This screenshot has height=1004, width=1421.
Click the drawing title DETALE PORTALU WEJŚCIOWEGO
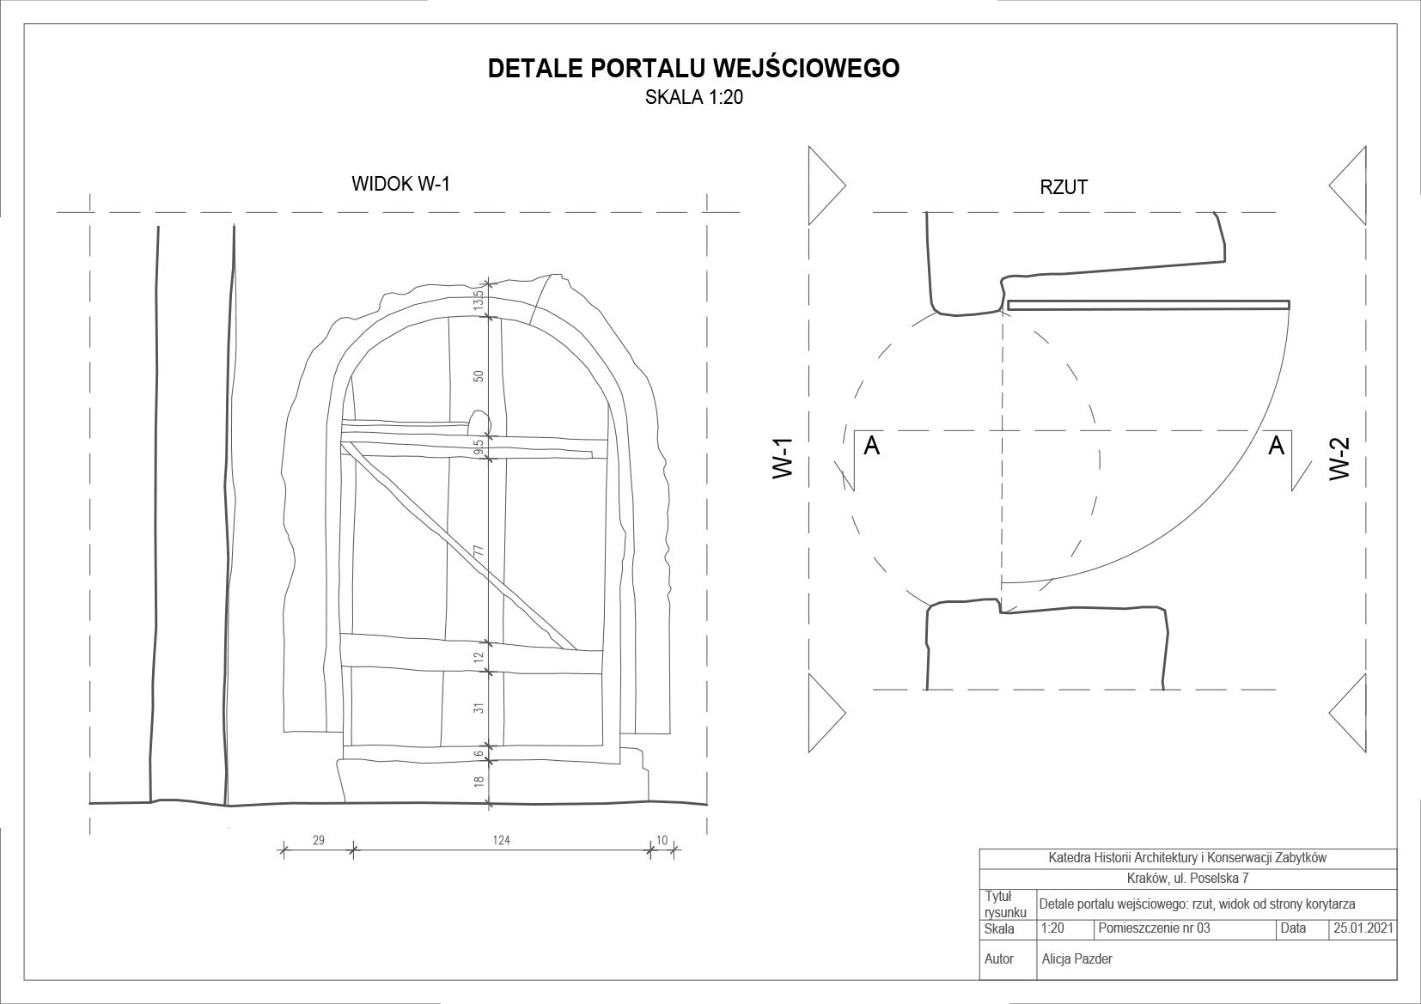(693, 69)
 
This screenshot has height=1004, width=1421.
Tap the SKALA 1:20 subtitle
(693, 98)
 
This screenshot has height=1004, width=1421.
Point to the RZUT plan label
(1064, 187)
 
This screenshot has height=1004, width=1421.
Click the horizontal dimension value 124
(502, 840)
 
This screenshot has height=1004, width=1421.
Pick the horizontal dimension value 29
(318, 840)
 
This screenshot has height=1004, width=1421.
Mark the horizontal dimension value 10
(662, 840)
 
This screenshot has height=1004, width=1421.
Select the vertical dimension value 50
(479, 375)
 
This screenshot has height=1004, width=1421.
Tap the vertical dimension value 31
(479, 708)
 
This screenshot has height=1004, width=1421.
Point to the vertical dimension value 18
(479, 782)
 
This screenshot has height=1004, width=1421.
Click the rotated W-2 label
(1340, 458)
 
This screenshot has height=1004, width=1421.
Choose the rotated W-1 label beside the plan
(783, 458)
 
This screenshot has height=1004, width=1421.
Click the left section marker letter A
(871, 446)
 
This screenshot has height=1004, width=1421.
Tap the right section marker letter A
(1277, 445)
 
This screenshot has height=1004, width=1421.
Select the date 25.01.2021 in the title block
(1363, 928)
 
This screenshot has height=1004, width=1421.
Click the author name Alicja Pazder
(1076, 958)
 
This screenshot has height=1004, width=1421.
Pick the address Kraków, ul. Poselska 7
(1187, 879)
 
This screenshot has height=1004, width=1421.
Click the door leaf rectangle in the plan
(1149, 305)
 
